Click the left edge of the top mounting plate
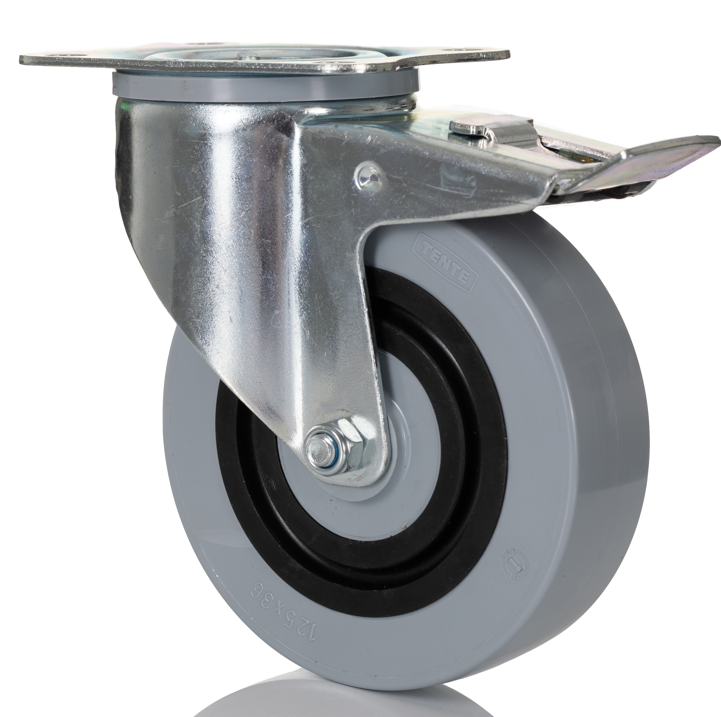click(x=22, y=60)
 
